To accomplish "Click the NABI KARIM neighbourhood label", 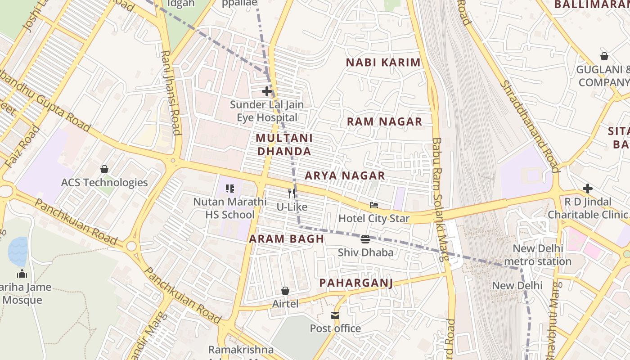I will pyautogui.click(x=383, y=63).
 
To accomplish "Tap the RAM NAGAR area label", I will pyautogui.click(x=384, y=121).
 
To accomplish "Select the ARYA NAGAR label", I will pyautogui.click(x=345, y=176).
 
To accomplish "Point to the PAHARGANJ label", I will pyautogui.click(x=356, y=283).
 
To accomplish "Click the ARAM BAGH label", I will pyautogui.click(x=286, y=239).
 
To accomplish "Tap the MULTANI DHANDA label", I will pyautogui.click(x=284, y=144).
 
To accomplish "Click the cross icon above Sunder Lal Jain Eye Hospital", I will pyautogui.click(x=267, y=91).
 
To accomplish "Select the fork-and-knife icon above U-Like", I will pyautogui.click(x=292, y=193).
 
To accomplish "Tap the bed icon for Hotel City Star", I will pyautogui.click(x=374, y=205).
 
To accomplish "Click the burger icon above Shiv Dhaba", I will pyautogui.click(x=365, y=239).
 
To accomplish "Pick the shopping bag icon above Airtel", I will pyautogui.click(x=285, y=291).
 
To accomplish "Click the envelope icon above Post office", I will pyautogui.click(x=335, y=315).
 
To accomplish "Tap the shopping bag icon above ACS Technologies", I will pyautogui.click(x=104, y=169).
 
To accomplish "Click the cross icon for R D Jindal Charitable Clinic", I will pyautogui.click(x=587, y=189).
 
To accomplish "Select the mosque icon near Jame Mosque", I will pyautogui.click(x=22, y=274).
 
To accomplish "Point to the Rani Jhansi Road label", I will pyautogui.click(x=171, y=92).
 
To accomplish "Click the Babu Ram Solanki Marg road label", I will pyautogui.click(x=440, y=198).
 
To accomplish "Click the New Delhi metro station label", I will pyautogui.click(x=538, y=255).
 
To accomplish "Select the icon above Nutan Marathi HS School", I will pyautogui.click(x=230, y=189).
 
